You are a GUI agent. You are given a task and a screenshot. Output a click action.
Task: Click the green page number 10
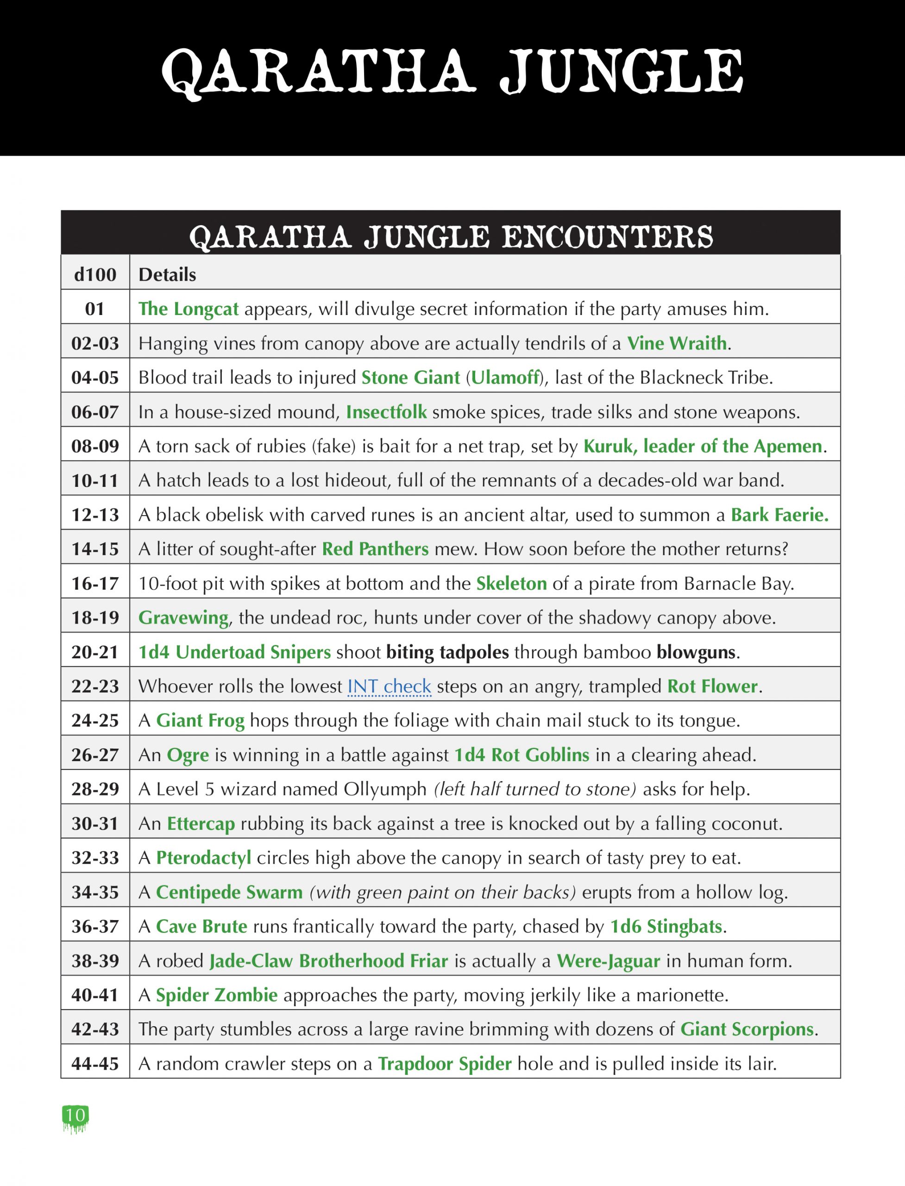pyautogui.click(x=75, y=1114)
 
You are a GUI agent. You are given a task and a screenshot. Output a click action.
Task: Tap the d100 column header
pyautogui.click(x=95, y=275)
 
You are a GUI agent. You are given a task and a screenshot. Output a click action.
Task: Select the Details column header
pyautogui.click(x=167, y=275)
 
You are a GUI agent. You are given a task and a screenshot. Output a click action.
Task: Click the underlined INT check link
pyautogui.click(x=389, y=687)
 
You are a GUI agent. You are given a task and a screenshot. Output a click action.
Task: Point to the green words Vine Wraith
pyautogui.click(x=677, y=343)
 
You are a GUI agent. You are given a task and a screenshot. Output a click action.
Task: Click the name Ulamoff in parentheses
pyautogui.click(x=505, y=378)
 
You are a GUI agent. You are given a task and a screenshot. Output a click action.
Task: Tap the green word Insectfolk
pyautogui.click(x=386, y=412)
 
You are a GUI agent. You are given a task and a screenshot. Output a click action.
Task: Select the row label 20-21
pyautogui.click(x=95, y=652)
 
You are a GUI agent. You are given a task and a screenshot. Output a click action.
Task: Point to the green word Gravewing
pyautogui.click(x=183, y=618)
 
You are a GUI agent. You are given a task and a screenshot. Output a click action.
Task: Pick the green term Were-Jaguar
pyautogui.click(x=608, y=961)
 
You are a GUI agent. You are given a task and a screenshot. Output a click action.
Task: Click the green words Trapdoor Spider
pyautogui.click(x=445, y=1064)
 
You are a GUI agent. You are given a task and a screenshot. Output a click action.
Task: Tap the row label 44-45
pyautogui.click(x=95, y=1064)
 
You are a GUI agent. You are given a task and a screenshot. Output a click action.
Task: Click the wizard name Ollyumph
pyautogui.click(x=385, y=789)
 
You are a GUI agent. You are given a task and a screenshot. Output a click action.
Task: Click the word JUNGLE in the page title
pyautogui.click(x=621, y=71)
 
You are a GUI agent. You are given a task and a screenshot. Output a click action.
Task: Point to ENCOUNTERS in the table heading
pyautogui.click(x=607, y=237)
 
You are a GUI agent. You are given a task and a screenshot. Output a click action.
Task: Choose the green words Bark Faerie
pyautogui.click(x=779, y=515)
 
